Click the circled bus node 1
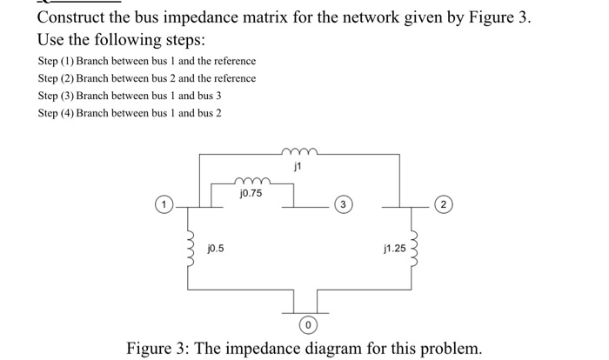(163, 206)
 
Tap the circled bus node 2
(444, 206)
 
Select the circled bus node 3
(345, 206)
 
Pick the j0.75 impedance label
(251, 193)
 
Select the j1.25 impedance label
(393, 249)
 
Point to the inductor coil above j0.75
(253, 182)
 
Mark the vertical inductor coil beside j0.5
(186, 250)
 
